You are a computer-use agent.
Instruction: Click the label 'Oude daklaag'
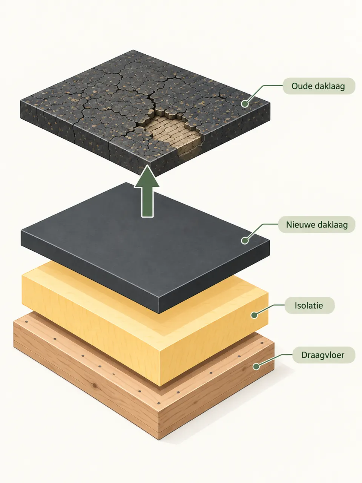[x=319, y=86]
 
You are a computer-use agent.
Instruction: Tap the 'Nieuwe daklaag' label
[x=317, y=225]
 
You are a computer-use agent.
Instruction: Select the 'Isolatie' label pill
[x=310, y=305]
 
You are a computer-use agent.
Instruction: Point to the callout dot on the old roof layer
[x=245, y=104]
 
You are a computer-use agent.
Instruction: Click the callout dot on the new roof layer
[x=245, y=240]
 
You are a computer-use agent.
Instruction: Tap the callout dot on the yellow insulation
[x=254, y=315]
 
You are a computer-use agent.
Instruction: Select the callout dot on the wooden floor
[x=256, y=366]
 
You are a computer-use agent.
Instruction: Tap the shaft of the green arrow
[x=147, y=202]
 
